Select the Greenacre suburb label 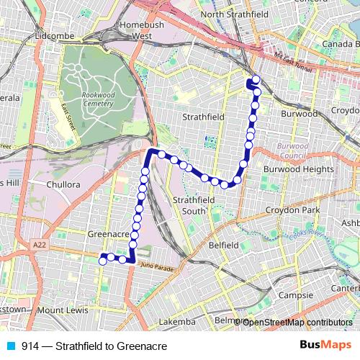[107, 235]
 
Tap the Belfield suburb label [223, 246]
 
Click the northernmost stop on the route [256, 79]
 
